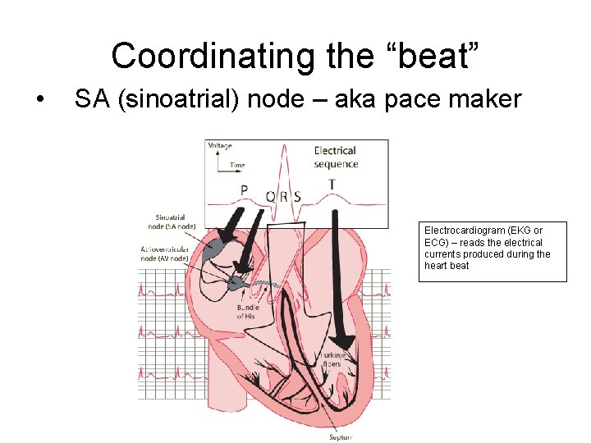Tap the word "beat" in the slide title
(438, 56)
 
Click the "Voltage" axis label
(220, 146)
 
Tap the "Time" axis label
(237, 165)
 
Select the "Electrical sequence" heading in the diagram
(336, 157)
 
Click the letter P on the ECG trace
(244, 190)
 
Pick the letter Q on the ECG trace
(270, 197)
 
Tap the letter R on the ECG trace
(284, 197)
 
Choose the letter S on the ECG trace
(297, 197)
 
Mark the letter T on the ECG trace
(332, 185)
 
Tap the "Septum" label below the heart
(341, 437)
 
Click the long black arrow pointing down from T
(338, 279)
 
